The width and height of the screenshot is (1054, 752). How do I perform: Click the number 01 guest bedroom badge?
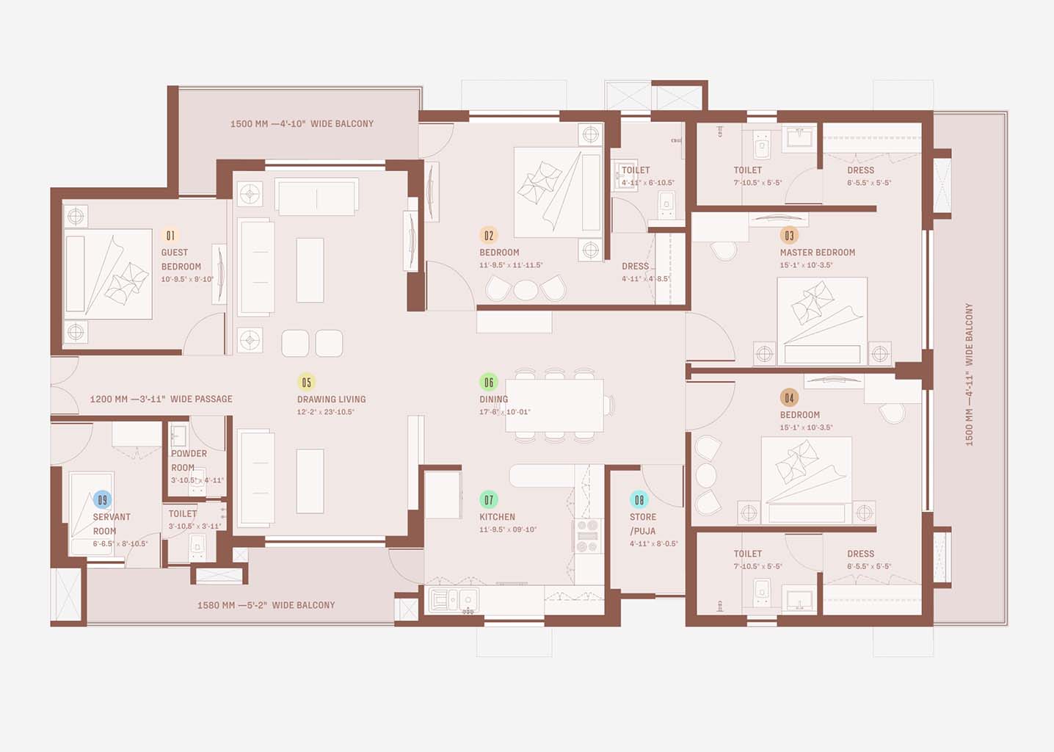(170, 236)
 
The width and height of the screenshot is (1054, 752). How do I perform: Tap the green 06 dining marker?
(488, 382)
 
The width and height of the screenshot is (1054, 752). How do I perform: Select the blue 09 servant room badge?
(102, 500)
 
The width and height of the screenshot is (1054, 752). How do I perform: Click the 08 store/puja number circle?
(639, 500)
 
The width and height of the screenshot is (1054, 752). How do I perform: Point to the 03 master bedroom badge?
(789, 236)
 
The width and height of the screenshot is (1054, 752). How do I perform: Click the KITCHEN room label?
(497, 517)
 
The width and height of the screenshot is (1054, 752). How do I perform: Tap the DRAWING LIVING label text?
(331, 399)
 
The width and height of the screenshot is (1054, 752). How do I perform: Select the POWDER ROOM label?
(189, 460)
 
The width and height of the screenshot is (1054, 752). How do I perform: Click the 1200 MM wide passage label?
(161, 399)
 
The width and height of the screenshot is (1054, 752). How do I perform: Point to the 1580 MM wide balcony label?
(266, 605)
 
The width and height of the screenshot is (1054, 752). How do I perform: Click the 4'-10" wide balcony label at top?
(302, 124)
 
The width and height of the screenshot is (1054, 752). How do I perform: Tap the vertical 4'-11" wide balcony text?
(969, 375)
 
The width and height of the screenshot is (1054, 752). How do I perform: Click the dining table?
(554, 405)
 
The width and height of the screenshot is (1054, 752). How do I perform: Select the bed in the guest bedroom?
(108, 274)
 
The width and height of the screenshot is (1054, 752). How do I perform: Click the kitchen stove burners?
(587, 536)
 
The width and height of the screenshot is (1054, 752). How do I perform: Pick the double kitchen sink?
(454, 600)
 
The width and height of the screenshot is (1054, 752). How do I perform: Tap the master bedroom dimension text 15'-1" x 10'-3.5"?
(806, 265)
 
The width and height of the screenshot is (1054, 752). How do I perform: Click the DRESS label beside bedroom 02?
(635, 267)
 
